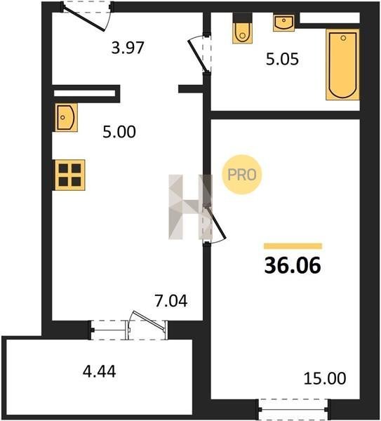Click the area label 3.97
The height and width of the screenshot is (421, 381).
tap(128, 48)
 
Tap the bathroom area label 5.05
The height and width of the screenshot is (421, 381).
tap(282, 59)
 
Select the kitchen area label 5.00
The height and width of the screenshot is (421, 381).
tap(119, 132)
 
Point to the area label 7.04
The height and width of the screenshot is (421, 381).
tap(171, 301)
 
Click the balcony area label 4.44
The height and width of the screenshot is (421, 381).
tap(100, 372)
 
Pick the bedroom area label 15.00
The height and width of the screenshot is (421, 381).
tap(325, 378)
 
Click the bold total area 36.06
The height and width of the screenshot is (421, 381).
tap(293, 265)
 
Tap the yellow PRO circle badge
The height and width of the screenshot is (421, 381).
tap(242, 175)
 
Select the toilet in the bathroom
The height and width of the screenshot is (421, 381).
tap(243, 28)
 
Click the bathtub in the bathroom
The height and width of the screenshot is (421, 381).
tap(342, 65)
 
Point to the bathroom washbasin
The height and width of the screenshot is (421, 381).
tap(283, 23)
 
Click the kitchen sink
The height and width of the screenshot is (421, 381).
tap(66, 117)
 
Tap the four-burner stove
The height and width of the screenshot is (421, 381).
tap(69, 175)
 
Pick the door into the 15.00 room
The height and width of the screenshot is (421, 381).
tap(214, 224)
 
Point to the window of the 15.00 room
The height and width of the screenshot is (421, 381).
tap(295, 409)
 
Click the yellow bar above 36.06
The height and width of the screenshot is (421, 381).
tap(293, 246)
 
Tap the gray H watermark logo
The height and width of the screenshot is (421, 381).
tap(190, 207)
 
